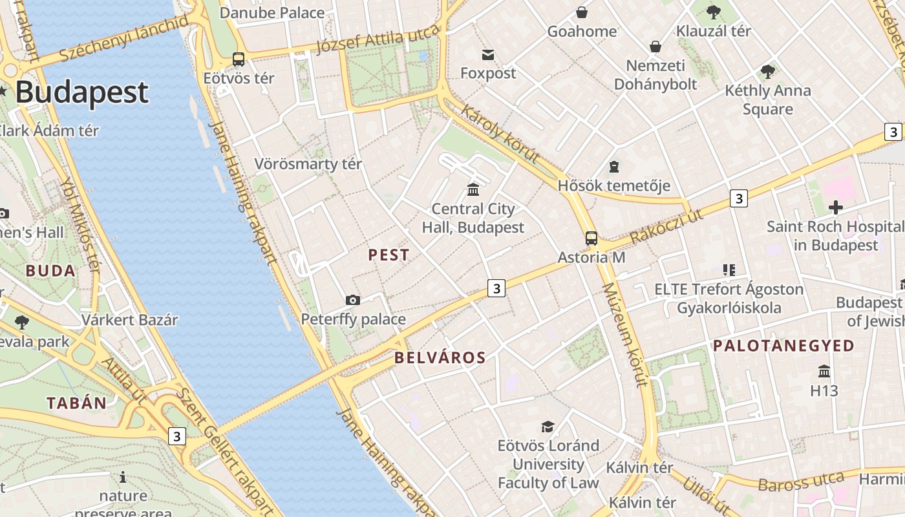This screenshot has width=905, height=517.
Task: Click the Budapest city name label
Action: [81, 92]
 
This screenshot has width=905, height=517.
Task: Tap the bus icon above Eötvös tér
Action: [239, 59]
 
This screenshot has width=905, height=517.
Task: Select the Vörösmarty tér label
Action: [308, 164]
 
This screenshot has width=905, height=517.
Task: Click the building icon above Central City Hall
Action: [473, 189]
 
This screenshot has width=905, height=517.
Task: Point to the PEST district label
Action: [389, 255]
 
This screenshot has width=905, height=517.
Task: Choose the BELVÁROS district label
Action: [440, 358]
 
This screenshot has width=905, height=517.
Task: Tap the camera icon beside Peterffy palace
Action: [352, 300]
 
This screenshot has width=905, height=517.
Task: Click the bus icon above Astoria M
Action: [591, 238]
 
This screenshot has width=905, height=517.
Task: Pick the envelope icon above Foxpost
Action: [488, 55]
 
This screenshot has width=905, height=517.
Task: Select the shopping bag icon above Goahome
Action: [582, 12]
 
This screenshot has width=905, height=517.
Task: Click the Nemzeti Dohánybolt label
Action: [655, 75]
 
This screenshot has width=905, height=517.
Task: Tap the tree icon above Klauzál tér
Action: [714, 12]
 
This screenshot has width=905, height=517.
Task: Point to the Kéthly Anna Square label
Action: [768, 100]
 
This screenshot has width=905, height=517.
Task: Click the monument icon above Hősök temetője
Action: [614, 167]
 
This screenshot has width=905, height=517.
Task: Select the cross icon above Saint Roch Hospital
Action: [835, 207]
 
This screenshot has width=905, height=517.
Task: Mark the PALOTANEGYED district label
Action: [783, 346]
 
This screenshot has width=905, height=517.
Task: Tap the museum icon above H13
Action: [824, 372]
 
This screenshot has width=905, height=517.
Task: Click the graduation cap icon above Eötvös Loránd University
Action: [548, 427]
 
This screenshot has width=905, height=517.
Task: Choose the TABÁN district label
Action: [76, 403]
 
